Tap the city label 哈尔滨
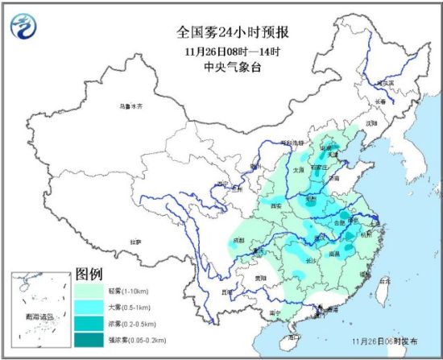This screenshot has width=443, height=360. tap(389, 82)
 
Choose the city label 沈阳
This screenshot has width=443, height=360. tap(371, 123)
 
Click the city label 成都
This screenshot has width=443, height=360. tap(238, 239)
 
